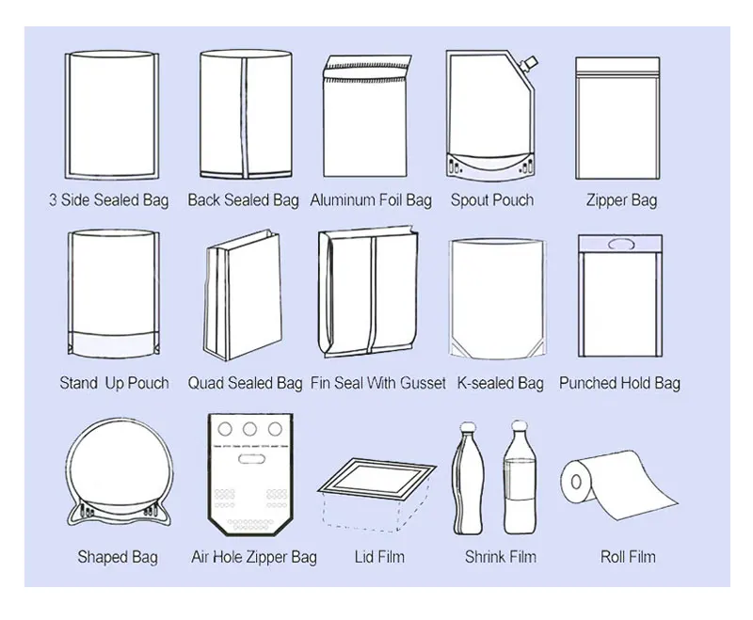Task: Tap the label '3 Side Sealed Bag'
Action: point(109,200)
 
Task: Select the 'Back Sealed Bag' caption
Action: point(243,200)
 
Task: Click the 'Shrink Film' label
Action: point(499,557)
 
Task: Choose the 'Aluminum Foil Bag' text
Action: point(371,200)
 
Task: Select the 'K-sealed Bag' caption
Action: point(500,384)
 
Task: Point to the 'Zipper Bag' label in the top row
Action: point(621,200)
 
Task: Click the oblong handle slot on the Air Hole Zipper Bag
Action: point(248,461)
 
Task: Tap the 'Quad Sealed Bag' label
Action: point(245,384)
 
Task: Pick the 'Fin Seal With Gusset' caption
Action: point(378,384)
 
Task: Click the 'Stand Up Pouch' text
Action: point(114,384)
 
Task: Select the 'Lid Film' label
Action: point(379,557)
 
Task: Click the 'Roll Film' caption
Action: point(628,557)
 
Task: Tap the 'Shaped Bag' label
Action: point(117,557)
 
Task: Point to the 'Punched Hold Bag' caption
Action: point(619,384)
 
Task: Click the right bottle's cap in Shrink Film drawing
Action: point(517,428)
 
